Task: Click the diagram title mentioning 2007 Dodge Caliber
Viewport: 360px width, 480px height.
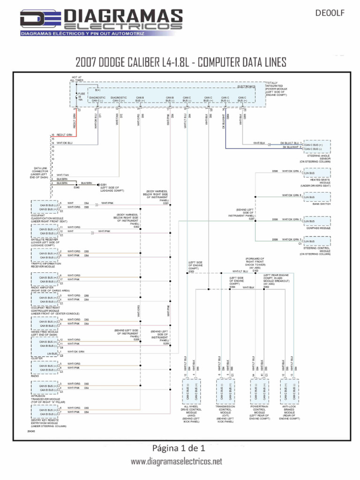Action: coord(180,62)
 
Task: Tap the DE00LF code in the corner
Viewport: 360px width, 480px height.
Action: coord(333,13)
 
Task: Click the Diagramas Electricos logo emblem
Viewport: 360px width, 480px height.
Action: coord(35,20)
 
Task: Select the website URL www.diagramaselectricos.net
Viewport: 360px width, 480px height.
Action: coord(176,462)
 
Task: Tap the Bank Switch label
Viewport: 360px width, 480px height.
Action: coord(322,204)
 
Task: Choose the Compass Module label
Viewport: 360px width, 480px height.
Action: coord(319,228)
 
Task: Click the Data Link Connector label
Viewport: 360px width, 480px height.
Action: coord(39,172)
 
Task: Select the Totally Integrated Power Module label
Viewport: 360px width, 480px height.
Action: coord(276,89)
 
